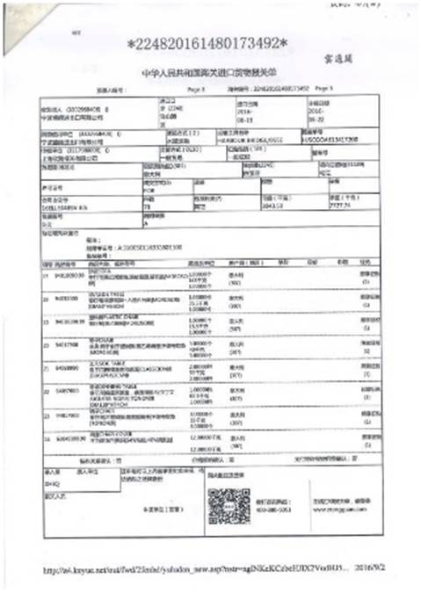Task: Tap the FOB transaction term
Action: click(x=152, y=187)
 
